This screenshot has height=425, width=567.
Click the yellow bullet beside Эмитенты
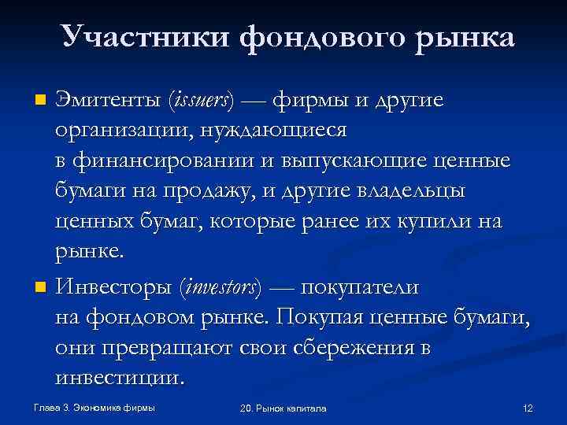click(x=42, y=100)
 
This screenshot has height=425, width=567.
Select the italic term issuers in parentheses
click(x=202, y=101)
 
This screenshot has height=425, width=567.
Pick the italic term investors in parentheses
click(x=221, y=288)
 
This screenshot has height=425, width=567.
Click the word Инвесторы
click(x=113, y=288)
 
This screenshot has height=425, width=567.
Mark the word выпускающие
click(x=346, y=161)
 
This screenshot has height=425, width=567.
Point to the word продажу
click(x=207, y=191)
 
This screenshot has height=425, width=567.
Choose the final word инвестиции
click(x=120, y=378)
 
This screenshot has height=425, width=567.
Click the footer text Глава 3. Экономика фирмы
click(x=89, y=408)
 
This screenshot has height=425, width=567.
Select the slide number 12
click(x=528, y=408)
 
